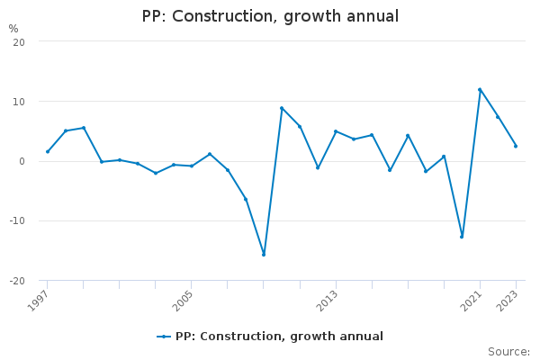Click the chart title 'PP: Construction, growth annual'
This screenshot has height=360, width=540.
tap(270, 16)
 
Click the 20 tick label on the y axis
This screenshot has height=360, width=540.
tap(19, 42)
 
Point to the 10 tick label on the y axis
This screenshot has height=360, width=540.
tap(19, 102)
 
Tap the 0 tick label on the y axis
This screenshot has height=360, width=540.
tap(22, 161)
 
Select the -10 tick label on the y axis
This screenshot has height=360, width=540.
tap(17, 220)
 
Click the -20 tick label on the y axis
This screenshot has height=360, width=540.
tap(17, 281)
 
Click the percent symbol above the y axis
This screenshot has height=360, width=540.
tap(13, 29)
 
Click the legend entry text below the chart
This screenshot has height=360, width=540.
tap(279, 337)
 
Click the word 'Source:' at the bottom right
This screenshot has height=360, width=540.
tap(508, 352)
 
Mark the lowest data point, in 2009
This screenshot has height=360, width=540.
tap(264, 255)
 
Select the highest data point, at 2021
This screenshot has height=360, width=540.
tap(480, 89)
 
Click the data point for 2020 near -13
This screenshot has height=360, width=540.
tap(462, 237)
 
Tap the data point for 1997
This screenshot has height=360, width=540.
tap(48, 151)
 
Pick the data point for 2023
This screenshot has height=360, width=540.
tap(516, 146)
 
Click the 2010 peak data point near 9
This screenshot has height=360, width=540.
tap(282, 108)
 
